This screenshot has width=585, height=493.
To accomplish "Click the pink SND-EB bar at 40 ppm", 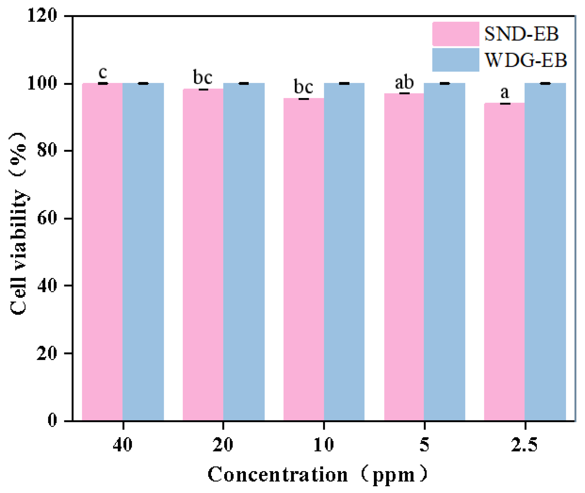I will (102, 252).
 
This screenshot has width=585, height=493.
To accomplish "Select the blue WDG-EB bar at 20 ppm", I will (244, 252).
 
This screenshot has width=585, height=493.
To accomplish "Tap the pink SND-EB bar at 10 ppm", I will (303, 260).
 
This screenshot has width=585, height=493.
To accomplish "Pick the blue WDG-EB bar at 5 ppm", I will (444, 252).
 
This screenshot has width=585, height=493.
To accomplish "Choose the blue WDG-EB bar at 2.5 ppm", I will (545, 252).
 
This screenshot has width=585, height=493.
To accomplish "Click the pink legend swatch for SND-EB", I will (455, 34).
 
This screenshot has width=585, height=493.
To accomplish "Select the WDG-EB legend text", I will (526, 60).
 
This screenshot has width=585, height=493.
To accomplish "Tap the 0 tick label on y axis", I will (52, 420).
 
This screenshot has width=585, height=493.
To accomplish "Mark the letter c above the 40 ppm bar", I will (103, 72).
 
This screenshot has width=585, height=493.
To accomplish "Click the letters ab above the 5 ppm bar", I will (404, 82).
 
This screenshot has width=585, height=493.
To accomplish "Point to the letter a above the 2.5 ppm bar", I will (505, 92).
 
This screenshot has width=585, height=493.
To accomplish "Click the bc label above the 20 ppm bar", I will (203, 77).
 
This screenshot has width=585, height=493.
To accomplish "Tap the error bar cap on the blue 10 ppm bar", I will (344, 83).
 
